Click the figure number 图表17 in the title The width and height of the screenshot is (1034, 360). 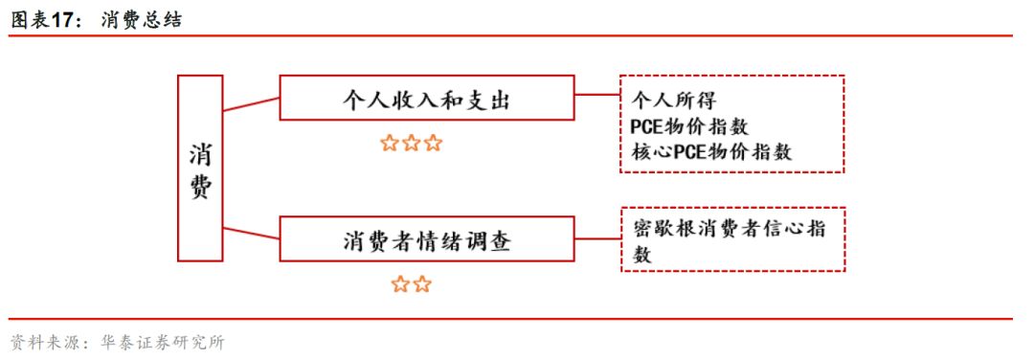44,16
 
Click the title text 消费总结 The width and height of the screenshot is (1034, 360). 140,16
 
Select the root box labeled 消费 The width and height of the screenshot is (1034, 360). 200,169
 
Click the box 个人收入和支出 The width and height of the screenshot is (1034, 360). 426,98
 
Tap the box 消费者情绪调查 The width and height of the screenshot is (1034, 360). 426,239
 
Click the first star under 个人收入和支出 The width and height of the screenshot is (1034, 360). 390,144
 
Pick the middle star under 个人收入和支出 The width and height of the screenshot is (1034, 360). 412,144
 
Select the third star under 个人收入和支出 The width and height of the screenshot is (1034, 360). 434,144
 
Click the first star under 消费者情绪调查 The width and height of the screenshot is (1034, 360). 401,284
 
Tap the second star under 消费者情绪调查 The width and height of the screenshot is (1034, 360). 423,284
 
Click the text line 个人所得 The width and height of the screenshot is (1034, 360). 674,99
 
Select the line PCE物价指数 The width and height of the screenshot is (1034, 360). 689,125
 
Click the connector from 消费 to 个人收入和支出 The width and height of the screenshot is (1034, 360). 251,102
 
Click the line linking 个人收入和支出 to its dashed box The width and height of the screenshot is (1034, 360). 596,97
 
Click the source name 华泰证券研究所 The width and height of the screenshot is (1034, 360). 162,343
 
